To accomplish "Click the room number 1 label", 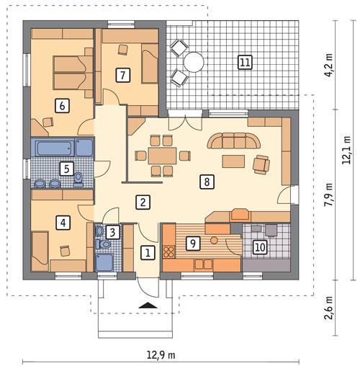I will [147, 253].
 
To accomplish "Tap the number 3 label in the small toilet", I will [112, 232].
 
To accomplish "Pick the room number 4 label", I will [64, 223].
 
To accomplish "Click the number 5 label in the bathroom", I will [66, 170].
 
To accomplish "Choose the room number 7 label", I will [122, 73].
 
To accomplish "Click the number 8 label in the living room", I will [207, 182].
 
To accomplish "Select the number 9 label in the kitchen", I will [192, 244].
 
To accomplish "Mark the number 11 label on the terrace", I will [246, 62].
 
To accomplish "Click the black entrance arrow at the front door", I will [149, 305].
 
